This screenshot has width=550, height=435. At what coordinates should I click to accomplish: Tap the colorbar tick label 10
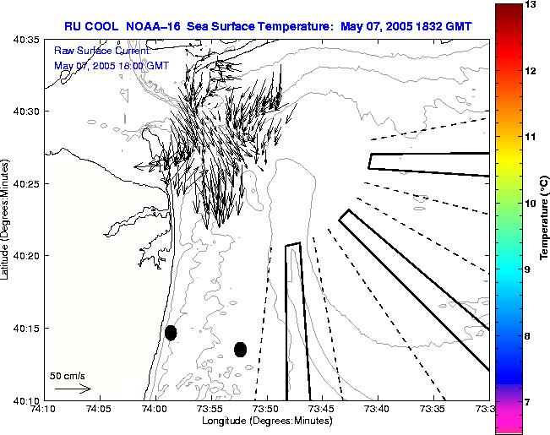point(530,204)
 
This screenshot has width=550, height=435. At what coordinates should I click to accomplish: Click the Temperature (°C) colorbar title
point(545,215)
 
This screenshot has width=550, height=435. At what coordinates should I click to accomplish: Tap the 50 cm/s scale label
point(68,375)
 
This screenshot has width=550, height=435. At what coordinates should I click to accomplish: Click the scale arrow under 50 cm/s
point(73,389)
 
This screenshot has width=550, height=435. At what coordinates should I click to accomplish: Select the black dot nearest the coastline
point(171,333)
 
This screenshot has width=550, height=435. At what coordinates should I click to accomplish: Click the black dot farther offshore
point(240,349)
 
